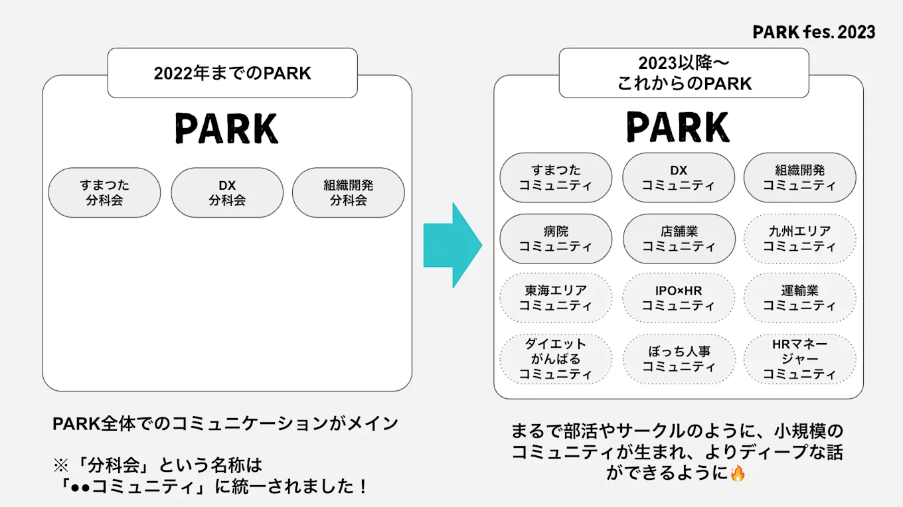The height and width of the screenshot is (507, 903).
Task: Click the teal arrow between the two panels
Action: click(451, 245)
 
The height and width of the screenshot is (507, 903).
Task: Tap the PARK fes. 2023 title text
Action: click(813, 32)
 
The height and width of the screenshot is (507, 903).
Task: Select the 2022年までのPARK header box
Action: click(232, 73)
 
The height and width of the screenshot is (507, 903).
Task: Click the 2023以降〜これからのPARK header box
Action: click(684, 73)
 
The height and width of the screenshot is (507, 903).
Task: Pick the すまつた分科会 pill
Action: click(104, 192)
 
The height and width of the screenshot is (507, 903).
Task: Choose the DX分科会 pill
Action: click(227, 192)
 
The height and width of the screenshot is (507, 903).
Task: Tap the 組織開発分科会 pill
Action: click(349, 192)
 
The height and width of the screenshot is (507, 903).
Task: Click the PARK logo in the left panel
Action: click(227, 128)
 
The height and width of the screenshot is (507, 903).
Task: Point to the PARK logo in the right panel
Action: click(678, 127)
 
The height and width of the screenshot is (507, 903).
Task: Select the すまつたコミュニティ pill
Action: click(556, 178)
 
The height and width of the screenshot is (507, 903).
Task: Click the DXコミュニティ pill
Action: click(678, 178)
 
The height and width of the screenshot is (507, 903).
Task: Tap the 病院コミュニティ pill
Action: click(556, 239)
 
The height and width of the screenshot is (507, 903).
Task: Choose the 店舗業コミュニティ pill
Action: click(679, 239)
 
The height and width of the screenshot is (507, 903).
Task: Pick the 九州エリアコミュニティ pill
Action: click(800, 239)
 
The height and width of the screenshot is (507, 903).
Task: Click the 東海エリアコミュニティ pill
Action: click(556, 299)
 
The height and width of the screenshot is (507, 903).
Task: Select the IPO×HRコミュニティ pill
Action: click(679, 299)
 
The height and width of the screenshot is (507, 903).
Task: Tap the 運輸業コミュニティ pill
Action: click(800, 299)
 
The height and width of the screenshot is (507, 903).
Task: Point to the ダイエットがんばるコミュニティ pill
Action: click(556, 359)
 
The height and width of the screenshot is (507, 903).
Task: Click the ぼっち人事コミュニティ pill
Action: click(679, 359)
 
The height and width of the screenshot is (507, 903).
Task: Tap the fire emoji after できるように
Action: click(737, 473)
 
